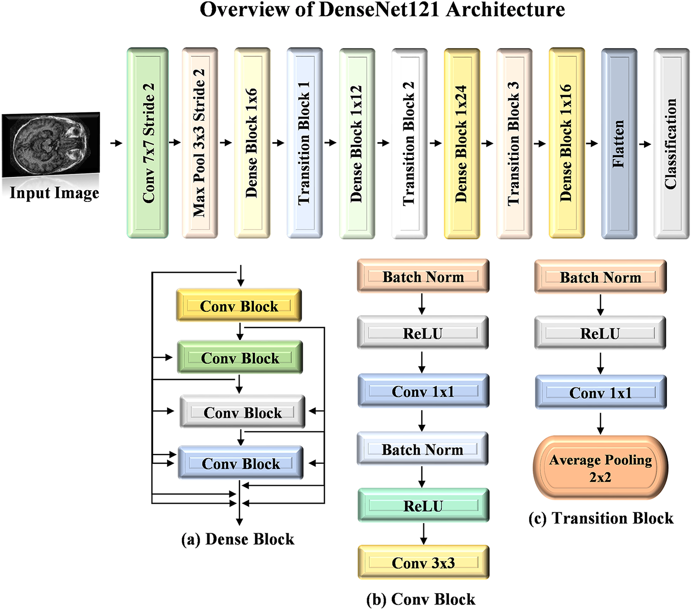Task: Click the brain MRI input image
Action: click(51, 144)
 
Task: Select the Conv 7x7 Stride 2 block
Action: click(148, 143)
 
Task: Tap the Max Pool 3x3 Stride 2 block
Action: click(200, 143)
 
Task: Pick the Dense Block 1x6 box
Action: click(252, 143)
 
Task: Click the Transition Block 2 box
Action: click(409, 144)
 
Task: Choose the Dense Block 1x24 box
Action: click(462, 144)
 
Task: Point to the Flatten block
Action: click(619, 144)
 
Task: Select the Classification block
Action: click(672, 144)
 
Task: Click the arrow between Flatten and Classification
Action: click(645, 144)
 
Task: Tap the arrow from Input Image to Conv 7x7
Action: click(116, 143)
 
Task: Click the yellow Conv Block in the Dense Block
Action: click(238, 305)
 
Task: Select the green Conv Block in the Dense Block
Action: click(240, 357)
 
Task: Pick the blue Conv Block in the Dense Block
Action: click(241, 463)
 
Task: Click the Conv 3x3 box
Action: click(423, 562)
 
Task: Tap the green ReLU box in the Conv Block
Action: click(423, 505)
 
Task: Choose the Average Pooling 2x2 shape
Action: click(600, 467)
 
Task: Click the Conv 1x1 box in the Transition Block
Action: click(601, 392)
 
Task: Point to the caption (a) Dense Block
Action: click(237, 539)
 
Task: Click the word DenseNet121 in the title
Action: click(378, 10)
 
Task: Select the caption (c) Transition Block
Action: click(601, 518)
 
